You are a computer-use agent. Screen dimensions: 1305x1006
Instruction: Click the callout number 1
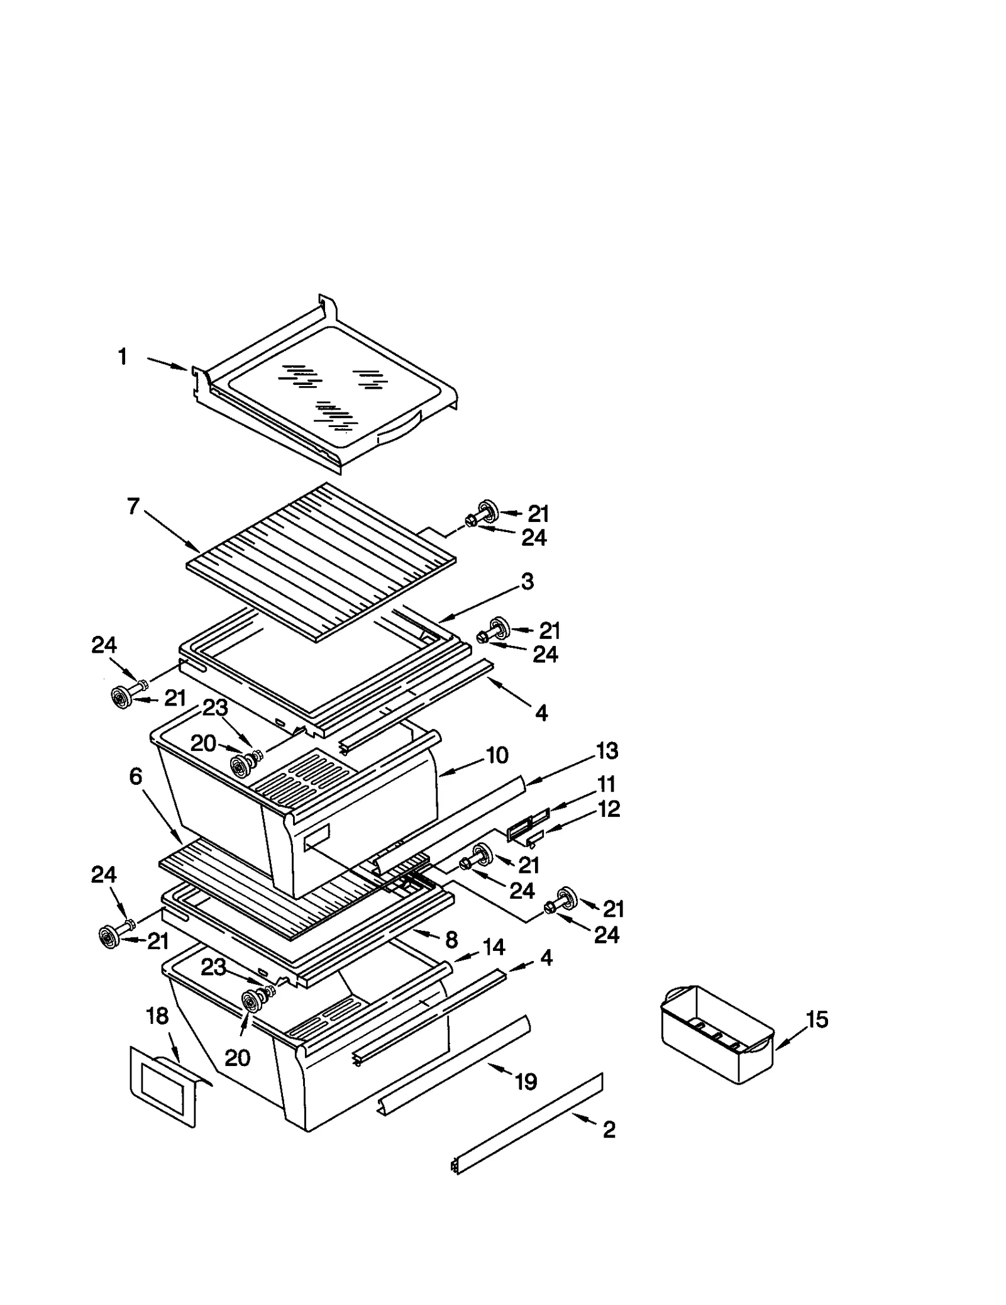pos(123,357)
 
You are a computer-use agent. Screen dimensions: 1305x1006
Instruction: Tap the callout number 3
pos(528,581)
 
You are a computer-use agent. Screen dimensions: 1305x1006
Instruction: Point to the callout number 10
pos(497,755)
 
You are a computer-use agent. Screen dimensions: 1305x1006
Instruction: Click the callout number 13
pos(607,750)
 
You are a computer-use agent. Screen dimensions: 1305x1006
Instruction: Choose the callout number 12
pos(609,809)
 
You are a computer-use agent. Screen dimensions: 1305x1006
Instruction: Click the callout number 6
pos(136,777)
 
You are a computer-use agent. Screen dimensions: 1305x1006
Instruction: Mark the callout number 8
pos(451,940)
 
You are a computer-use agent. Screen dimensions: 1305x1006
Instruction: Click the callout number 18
pos(157,1016)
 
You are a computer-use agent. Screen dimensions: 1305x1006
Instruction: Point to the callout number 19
pos(526,1082)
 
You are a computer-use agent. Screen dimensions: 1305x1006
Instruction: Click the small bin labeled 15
pos(717,1035)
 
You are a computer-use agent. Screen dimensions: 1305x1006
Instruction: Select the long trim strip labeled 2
pos(528,1123)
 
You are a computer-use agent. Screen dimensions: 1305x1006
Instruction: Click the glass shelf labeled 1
pos(327,390)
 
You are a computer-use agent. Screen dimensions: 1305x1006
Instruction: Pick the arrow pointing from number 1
pos(167,364)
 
